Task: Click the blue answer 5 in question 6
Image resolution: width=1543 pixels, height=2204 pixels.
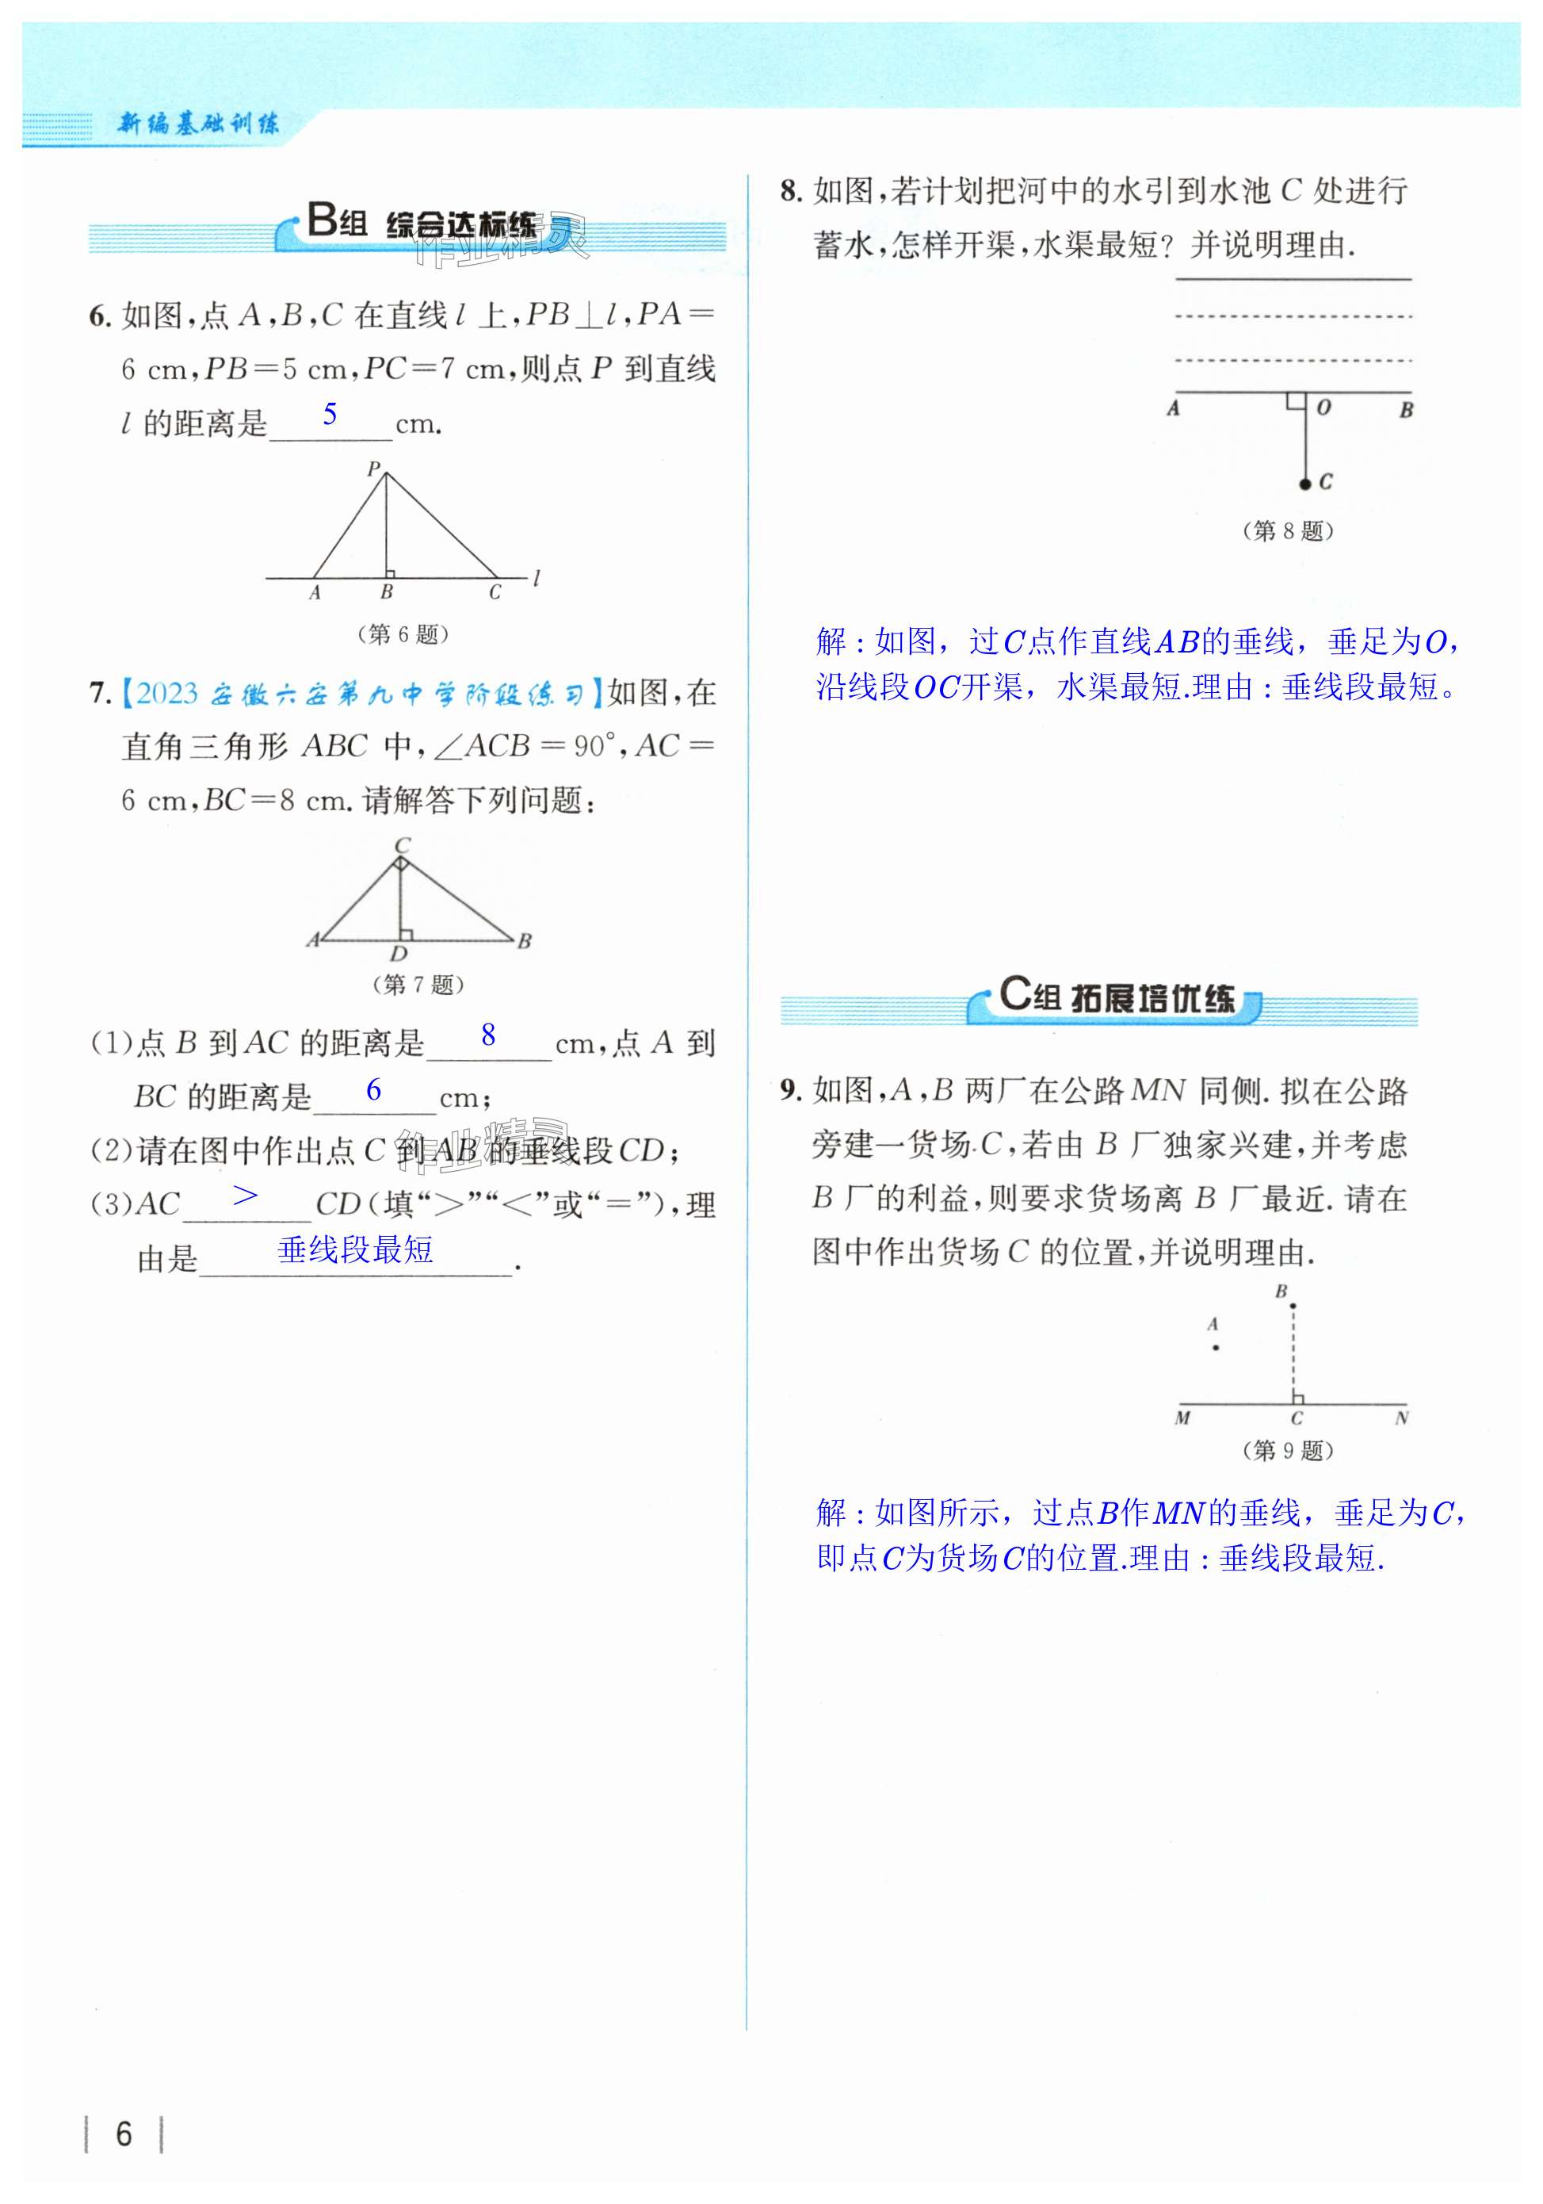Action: [x=330, y=415]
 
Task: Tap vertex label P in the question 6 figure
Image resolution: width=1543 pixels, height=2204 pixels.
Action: [x=373, y=469]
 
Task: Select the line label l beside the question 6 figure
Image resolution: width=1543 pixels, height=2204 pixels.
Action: [x=537, y=578]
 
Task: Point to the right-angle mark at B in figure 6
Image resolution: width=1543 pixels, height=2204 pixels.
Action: [x=390, y=574]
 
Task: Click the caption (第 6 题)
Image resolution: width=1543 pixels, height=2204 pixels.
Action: [x=403, y=633]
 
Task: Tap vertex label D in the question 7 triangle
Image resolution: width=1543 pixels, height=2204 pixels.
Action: [x=398, y=953]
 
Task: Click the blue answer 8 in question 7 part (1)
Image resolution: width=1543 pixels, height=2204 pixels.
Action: [x=488, y=1035]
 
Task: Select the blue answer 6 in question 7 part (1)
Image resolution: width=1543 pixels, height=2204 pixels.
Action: [x=373, y=1089]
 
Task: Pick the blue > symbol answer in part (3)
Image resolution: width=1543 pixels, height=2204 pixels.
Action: [x=246, y=1195]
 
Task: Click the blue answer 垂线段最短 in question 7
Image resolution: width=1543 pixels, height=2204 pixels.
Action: [x=355, y=1249]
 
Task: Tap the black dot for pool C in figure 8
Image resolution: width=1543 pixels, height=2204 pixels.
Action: [x=1305, y=484]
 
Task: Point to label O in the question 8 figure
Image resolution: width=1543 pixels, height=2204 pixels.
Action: [x=1324, y=407]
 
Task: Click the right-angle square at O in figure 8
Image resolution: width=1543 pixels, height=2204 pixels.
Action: [x=1297, y=400]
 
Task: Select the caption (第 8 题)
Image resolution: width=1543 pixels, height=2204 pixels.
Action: [x=1288, y=531]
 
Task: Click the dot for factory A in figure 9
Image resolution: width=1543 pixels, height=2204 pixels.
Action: [x=1216, y=1348]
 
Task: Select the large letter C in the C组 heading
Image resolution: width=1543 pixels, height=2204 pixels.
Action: [x=1014, y=993]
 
